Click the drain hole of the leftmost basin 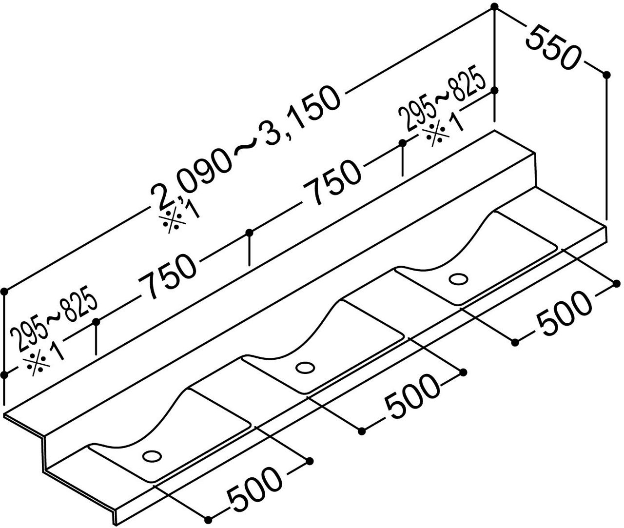(152, 456)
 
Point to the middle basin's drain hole (305, 368)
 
